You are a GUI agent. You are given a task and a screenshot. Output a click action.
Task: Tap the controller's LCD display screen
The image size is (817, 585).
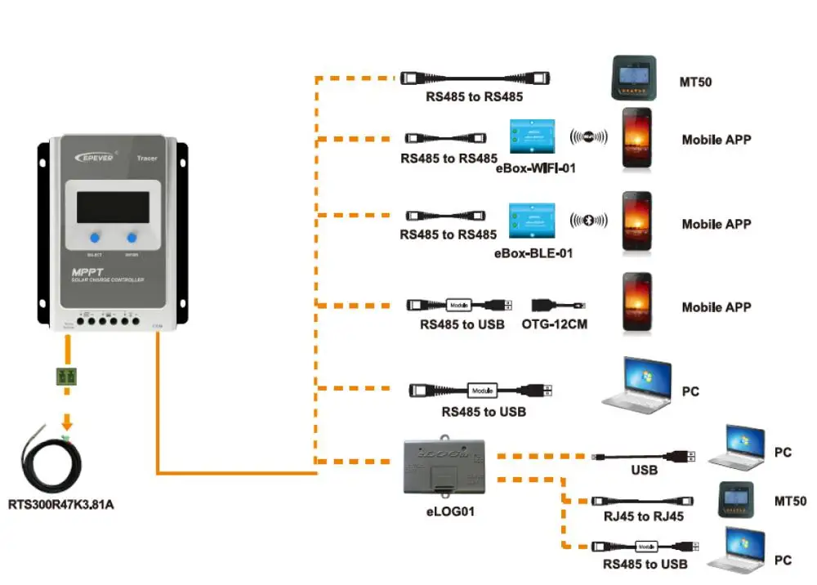tap(113, 207)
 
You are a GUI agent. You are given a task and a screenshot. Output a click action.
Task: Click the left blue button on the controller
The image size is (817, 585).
tap(95, 238)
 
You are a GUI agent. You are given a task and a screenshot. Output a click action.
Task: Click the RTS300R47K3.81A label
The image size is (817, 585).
tap(60, 504)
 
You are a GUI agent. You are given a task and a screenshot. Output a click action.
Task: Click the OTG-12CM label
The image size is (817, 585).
tap(554, 324)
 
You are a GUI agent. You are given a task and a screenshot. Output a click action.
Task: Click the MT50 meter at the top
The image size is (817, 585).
tap(636, 78)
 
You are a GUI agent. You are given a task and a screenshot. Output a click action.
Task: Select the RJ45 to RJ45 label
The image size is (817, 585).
tap(643, 517)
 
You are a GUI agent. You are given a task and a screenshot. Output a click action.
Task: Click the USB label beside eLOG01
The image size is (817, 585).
tap(644, 471)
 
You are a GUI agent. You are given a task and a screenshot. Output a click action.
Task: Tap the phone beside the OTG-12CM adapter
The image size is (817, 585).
tap(637, 304)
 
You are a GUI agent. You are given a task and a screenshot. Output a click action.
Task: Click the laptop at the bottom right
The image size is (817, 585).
tap(737, 550)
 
